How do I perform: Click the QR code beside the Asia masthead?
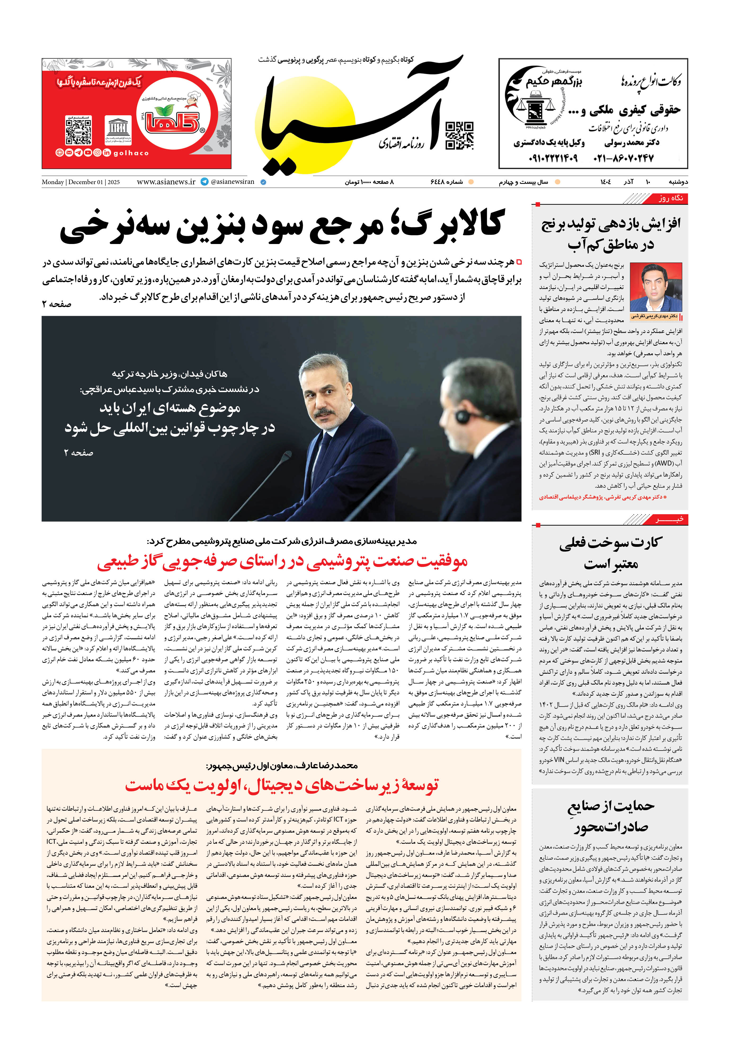click(x=459, y=135)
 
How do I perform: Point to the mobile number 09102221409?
click(x=553, y=158)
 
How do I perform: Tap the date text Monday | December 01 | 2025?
click(x=81, y=182)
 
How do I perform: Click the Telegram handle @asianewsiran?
click(x=232, y=182)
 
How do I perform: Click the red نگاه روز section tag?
click(x=670, y=198)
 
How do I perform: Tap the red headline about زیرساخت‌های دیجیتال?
click(x=282, y=785)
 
